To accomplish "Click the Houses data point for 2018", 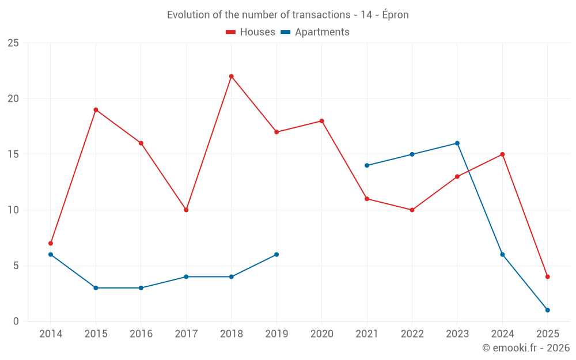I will [x=232, y=77].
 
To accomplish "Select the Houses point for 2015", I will [x=96, y=110].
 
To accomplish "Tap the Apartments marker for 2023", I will [x=457, y=143].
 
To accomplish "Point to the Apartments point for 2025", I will [x=548, y=310].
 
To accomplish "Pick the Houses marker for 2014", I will [x=51, y=244].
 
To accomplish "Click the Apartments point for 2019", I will [x=276, y=255].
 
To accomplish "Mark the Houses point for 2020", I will [x=322, y=121].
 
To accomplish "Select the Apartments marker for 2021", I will [x=367, y=165].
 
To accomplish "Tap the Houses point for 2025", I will [x=548, y=277].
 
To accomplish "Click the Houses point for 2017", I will [x=186, y=210].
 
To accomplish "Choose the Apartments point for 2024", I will [x=503, y=255].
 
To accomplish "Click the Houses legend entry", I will [x=251, y=32].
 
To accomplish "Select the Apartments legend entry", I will [x=315, y=32].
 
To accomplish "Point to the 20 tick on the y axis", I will [x=13, y=99].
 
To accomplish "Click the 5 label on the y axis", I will [x=16, y=266].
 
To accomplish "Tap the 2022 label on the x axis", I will [x=412, y=334].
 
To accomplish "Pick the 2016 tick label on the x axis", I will [x=141, y=334].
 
